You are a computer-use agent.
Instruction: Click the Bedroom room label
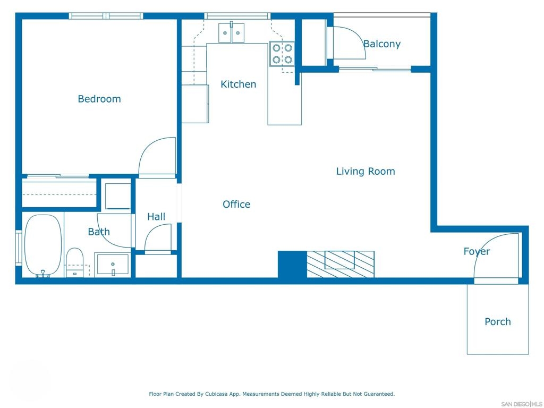click(99, 99)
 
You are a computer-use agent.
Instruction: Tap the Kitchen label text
click(239, 84)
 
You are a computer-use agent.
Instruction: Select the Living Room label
click(365, 171)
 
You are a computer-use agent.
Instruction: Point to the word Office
click(236, 204)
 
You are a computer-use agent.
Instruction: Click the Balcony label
click(382, 44)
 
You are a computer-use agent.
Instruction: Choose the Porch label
click(497, 321)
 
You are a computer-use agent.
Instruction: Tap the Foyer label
click(477, 251)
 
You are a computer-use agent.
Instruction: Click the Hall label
click(156, 217)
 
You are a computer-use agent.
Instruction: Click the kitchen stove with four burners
click(282, 54)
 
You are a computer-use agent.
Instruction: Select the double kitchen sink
click(231, 32)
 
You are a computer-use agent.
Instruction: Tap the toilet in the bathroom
click(74, 262)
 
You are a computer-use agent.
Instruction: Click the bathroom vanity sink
click(113, 265)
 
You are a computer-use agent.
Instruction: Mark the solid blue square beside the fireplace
click(292, 264)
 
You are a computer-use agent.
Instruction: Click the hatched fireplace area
click(341, 264)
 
